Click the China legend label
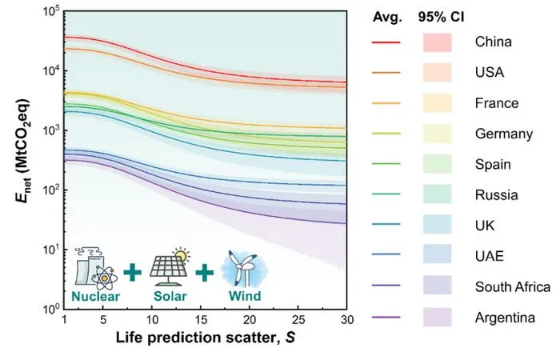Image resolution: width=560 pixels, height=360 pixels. pos(493,42)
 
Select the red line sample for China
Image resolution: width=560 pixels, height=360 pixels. pos(386,42)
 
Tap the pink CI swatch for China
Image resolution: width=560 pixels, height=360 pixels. pos(437,42)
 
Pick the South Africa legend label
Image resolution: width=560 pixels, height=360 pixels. pos(513,286)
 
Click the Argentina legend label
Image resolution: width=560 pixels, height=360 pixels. pos(505,317)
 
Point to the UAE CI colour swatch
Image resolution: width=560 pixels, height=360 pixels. pos(437,254)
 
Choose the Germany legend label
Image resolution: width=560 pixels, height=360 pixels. pos(504,134)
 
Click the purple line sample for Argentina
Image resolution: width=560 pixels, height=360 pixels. pos(386,317)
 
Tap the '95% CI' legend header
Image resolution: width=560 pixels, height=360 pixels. pos(442,17)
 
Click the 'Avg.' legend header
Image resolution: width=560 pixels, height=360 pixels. pos(387,17)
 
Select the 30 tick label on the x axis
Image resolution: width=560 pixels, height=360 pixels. pos(346,319)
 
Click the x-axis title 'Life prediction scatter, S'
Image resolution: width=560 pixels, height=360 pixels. pos(206,338)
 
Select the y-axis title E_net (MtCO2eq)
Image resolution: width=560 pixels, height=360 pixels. pos(23,150)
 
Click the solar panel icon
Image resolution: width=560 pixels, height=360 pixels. pos(170,267)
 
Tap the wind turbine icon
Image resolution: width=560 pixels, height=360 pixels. pos(244,269)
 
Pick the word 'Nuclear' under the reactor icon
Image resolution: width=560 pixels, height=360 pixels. pos(95,296)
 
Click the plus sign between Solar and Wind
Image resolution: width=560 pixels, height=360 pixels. pos(205,273)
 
